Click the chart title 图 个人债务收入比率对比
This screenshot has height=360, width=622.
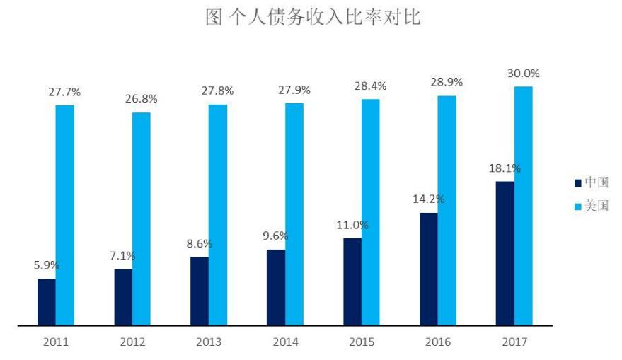[312, 18]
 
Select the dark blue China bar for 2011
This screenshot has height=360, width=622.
[47, 302]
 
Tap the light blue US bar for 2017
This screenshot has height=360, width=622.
[523, 206]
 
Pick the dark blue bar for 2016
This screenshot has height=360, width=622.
[428, 269]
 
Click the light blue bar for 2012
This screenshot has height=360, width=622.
[142, 219]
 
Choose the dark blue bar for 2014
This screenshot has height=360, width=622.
[276, 287]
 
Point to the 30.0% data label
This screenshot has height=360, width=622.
[523, 74]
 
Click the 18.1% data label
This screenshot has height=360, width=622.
[504, 168]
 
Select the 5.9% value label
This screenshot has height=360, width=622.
[47, 266]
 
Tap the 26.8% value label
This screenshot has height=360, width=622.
[142, 99]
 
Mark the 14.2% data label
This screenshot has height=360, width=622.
[428, 199]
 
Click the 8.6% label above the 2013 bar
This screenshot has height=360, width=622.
[200, 244]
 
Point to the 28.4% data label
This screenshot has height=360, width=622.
[370, 86]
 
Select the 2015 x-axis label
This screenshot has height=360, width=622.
[362, 342]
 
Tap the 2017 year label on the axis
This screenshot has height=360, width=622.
[514, 342]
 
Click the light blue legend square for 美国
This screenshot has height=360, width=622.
[577, 207]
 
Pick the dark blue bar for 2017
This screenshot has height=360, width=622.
[505, 253]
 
